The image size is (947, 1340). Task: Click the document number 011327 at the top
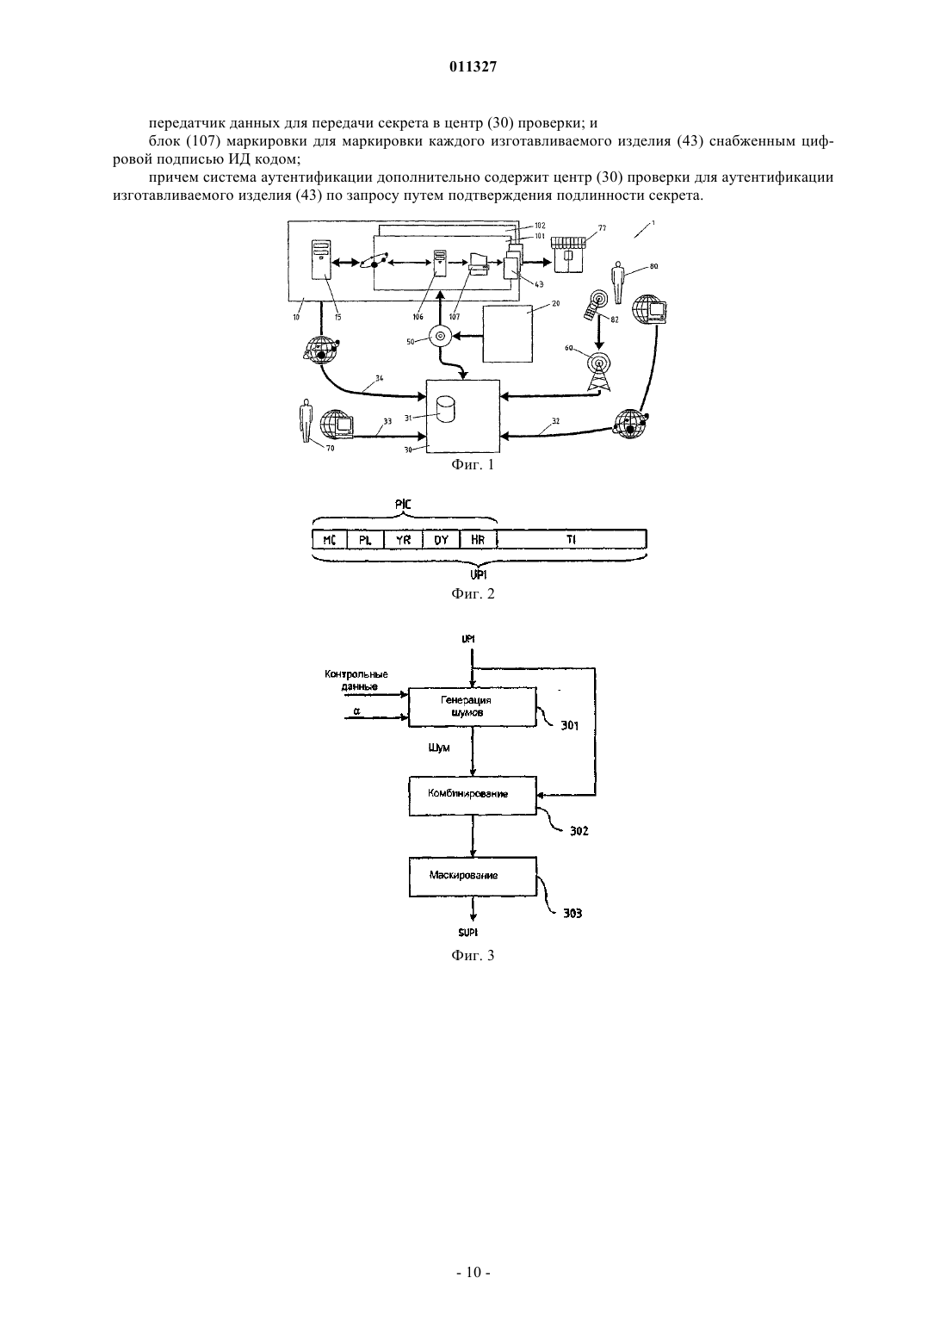point(473,67)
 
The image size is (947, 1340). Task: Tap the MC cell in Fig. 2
point(330,540)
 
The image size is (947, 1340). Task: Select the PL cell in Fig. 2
point(365,540)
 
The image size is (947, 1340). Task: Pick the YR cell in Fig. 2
point(403,540)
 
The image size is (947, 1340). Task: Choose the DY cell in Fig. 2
point(441,540)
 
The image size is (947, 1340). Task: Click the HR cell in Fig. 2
point(478,540)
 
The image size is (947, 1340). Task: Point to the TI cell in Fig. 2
point(572,540)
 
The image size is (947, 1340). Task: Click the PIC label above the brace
point(404,505)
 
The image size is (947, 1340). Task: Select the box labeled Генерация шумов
point(473,706)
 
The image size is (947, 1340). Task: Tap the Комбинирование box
point(473,796)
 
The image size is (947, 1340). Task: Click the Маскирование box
point(473,877)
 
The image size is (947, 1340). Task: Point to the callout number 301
point(569,726)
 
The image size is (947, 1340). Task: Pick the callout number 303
point(573,914)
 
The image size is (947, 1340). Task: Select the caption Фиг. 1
point(473,465)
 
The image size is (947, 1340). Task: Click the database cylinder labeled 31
point(445,410)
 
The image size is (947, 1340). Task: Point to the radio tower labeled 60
point(599,372)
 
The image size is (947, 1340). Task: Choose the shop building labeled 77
point(568,254)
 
